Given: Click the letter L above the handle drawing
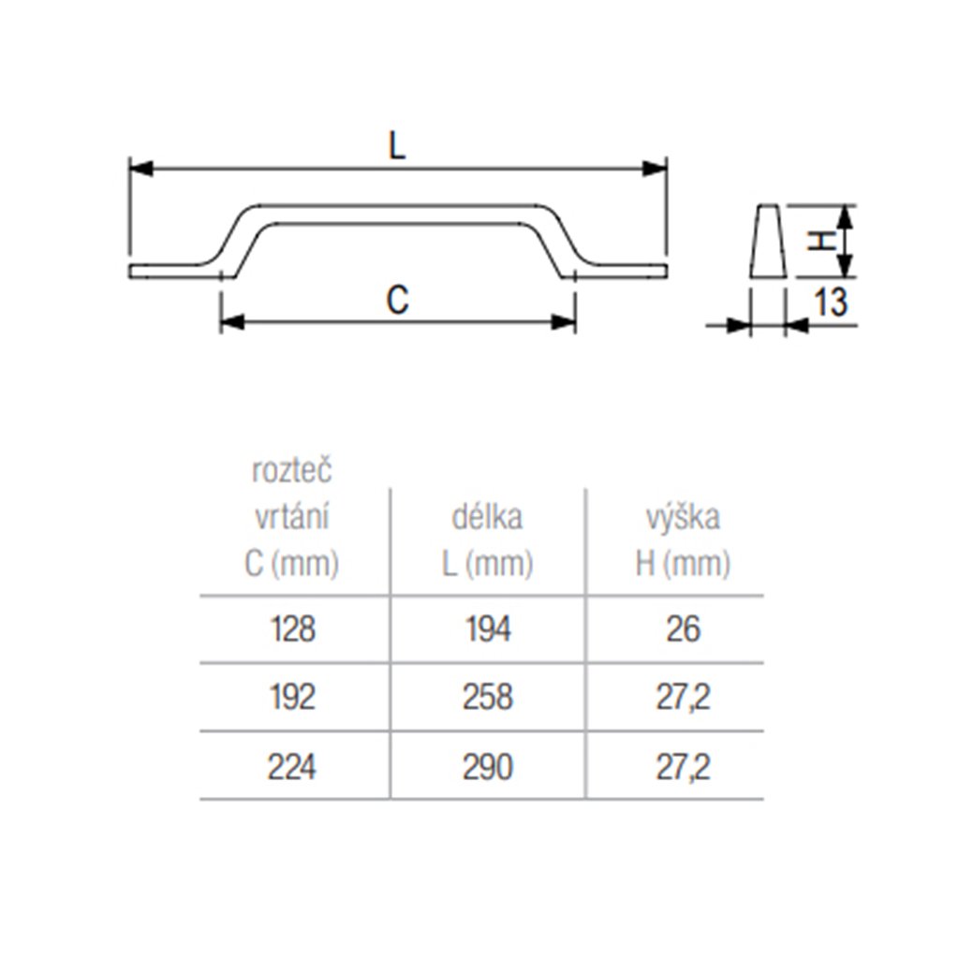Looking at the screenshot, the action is (x=398, y=145).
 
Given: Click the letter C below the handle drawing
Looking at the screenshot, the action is (x=398, y=301).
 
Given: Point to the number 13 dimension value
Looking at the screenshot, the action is (x=830, y=302).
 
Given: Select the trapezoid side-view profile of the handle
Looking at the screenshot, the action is (x=768, y=241).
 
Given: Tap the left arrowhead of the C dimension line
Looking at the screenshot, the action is (x=232, y=322).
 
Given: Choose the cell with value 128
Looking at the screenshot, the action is (x=291, y=629).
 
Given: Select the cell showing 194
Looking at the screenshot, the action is (x=487, y=629).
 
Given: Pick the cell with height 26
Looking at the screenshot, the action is (x=683, y=629).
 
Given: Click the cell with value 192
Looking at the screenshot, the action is (x=291, y=698).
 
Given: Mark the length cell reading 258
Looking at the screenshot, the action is (x=487, y=698).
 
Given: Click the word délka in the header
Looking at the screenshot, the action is (x=487, y=517).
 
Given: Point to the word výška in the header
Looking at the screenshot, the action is (x=683, y=517).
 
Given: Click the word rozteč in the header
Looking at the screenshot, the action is (x=291, y=471).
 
